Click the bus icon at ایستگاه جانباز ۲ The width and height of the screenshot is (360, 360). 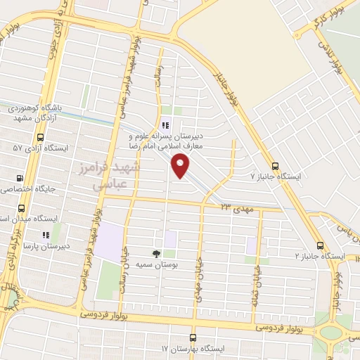coord(320,246)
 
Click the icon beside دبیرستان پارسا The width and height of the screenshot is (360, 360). coord(46,235)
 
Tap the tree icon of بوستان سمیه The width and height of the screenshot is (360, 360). coord(156,253)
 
